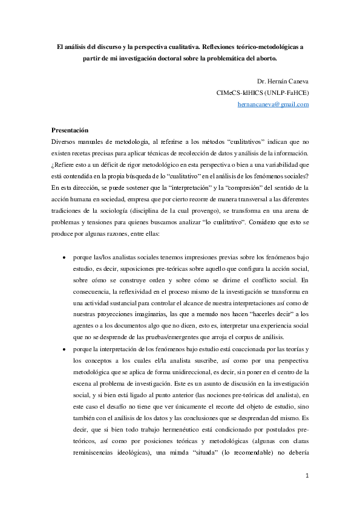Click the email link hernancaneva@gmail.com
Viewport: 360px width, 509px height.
(x=273, y=104)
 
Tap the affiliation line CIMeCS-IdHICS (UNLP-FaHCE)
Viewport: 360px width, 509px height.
(x=263, y=93)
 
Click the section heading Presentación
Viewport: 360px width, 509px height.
(x=70, y=130)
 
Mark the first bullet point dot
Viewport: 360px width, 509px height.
(x=65, y=257)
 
